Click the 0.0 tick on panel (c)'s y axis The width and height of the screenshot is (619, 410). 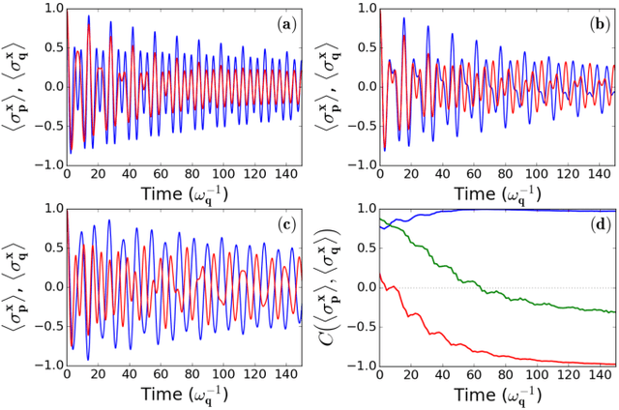click(x=49, y=287)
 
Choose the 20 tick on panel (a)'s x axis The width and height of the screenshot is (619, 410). click(x=97, y=169)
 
